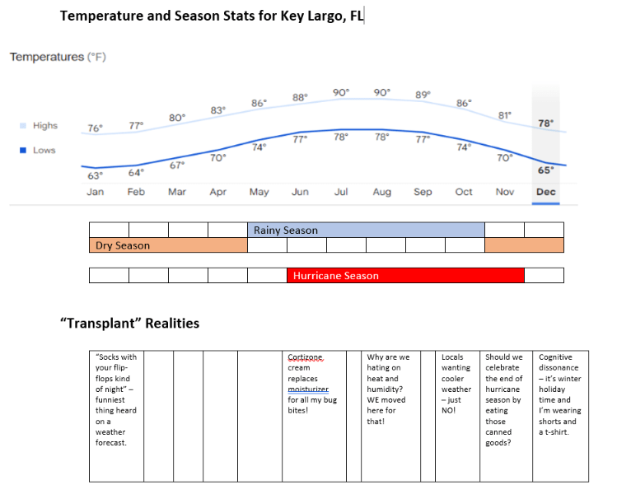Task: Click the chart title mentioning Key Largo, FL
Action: point(212,15)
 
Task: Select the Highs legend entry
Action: point(44,126)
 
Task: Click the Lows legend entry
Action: point(44,151)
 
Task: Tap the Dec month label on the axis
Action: point(545,192)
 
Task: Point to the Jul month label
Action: point(341,192)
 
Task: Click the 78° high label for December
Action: point(545,123)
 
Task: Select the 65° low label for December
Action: point(545,170)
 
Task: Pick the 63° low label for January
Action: point(96,175)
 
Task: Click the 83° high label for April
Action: point(218,110)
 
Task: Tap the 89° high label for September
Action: point(423,95)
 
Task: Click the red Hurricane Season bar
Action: point(405,276)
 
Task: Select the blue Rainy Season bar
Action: point(366,230)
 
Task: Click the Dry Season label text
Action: point(123,245)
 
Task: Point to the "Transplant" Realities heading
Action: point(129,323)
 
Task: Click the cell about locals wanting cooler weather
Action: point(456,384)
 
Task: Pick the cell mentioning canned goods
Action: point(503,399)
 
